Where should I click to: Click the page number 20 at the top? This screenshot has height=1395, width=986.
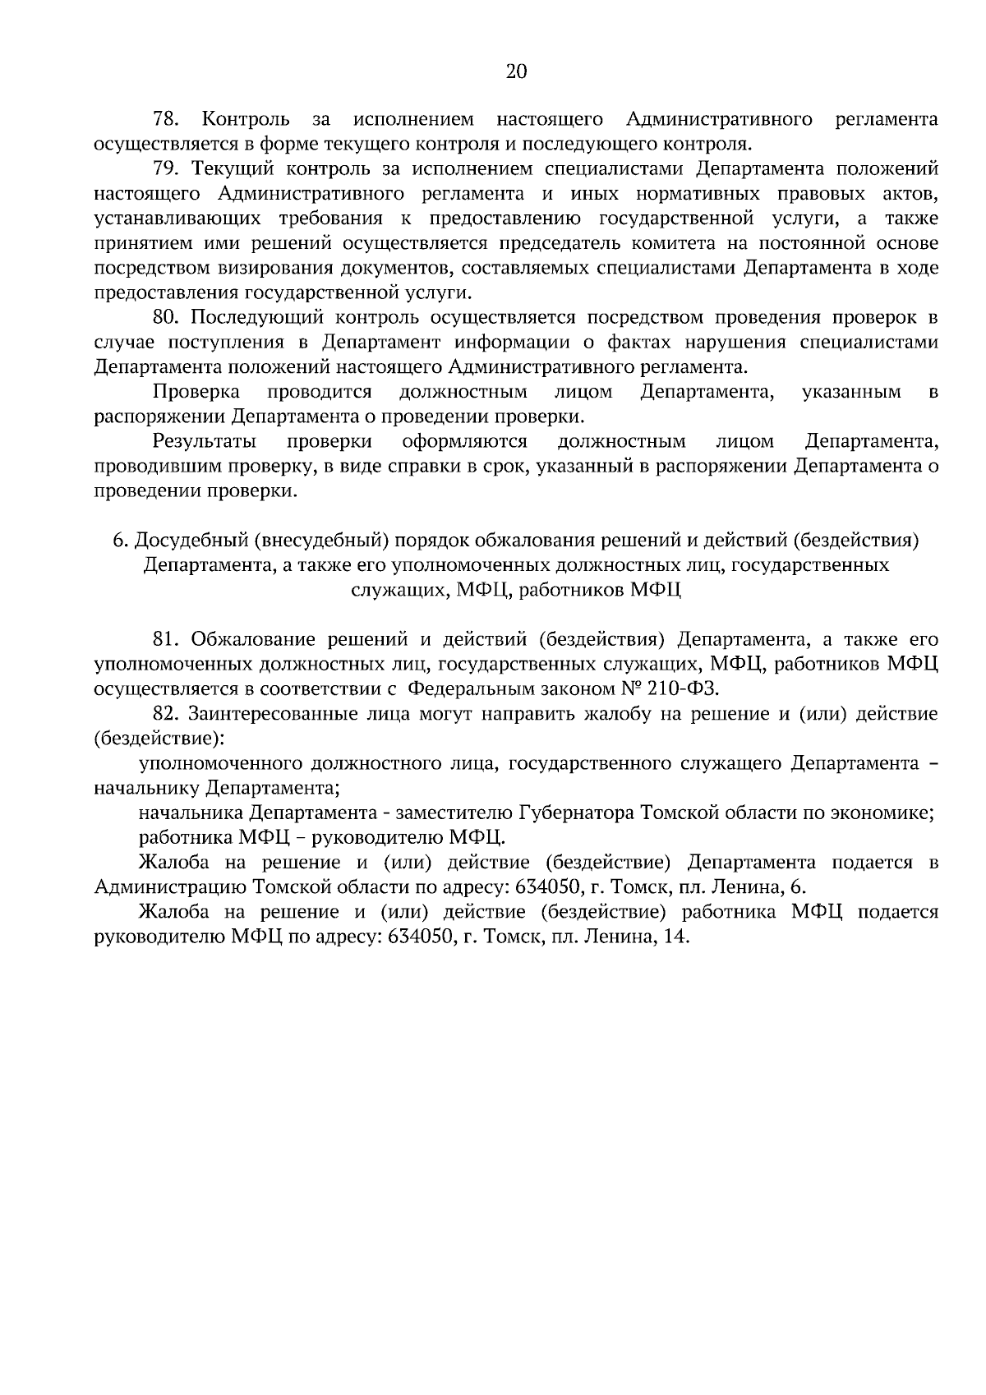pyautogui.click(x=515, y=71)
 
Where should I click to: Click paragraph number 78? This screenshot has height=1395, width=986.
pyautogui.click(x=166, y=120)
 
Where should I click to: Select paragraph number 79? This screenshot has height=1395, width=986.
pyautogui.click(x=166, y=169)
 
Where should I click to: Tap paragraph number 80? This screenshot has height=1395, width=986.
pyautogui.click(x=166, y=317)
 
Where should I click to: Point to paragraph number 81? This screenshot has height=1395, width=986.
pyautogui.click(x=166, y=639)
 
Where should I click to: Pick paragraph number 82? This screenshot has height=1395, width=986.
pyautogui.click(x=166, y=713)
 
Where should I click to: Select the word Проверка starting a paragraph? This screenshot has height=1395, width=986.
pyautogui.click(x=196, y=391)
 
